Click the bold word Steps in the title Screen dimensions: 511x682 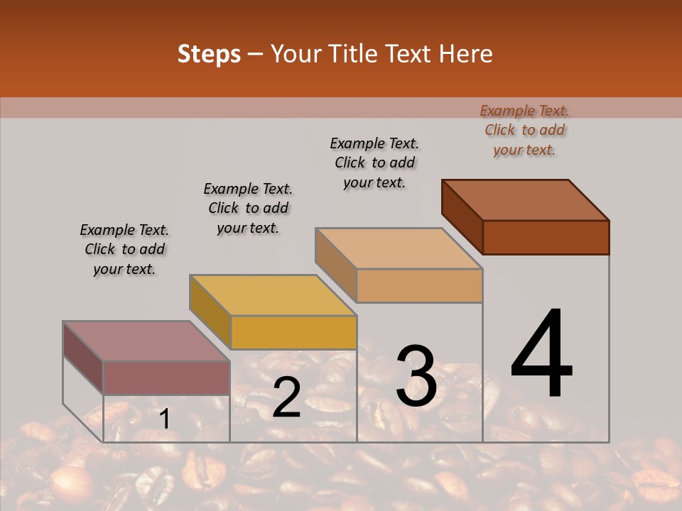point(209,54)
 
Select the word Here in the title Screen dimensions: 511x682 point(465,54)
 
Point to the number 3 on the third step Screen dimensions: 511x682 point(416,376)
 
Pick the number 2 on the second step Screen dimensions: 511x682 point(286,397)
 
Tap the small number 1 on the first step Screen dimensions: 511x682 point(164,419)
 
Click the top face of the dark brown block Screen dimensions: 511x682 point(526,200)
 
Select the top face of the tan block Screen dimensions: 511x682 point(399,248)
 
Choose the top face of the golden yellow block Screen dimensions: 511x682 point(273,295)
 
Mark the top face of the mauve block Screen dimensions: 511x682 point(146,341)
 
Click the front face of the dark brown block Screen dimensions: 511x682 point(546,237)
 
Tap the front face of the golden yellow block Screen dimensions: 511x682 point(293,332)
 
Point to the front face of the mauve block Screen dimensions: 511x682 point(166,378)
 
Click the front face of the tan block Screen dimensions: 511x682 point(419,285)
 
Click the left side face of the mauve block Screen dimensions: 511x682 point(83,358)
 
